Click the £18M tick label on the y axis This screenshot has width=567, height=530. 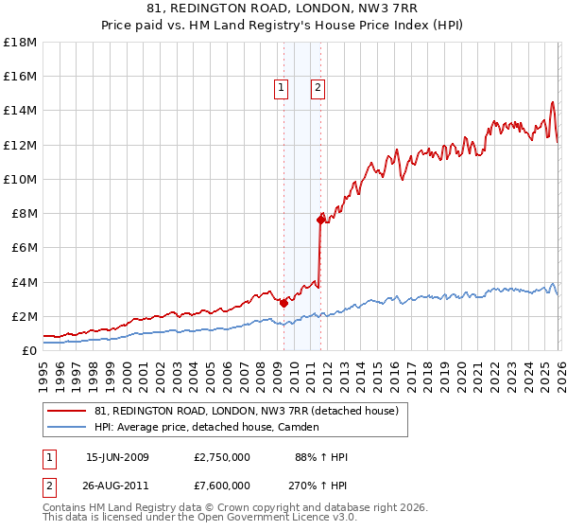(20, 42)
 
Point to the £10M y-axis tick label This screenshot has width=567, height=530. (20, 179)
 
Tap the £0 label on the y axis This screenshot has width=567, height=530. (29, 350)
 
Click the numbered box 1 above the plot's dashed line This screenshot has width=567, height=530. (282, 88)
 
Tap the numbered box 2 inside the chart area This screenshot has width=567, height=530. (318, 88)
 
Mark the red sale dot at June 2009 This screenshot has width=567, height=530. (283, 303)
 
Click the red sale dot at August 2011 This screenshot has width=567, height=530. (320, 220)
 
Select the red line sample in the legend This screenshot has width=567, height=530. (67, 411)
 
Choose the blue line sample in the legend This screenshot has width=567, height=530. (67, 427)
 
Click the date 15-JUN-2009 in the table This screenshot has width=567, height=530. (118, 457)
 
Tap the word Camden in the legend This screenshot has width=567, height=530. (301, 427)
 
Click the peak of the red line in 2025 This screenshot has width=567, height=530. (551, 102)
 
